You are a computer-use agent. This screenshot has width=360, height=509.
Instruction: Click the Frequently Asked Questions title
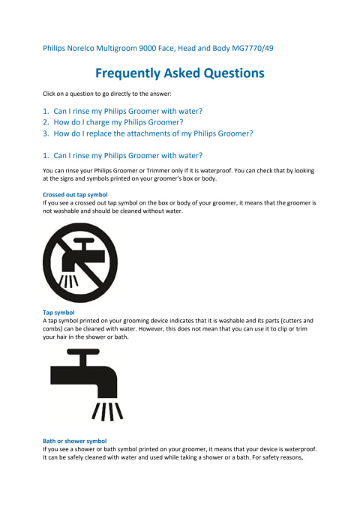point(180,73)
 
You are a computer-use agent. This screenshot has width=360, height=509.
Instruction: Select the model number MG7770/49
point(253,49)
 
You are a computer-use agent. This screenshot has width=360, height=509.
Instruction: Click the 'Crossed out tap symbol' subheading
point(75,195)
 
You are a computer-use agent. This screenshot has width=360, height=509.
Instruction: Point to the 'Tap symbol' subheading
point(58,313)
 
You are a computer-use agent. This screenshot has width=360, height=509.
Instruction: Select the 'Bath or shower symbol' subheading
point(75,441)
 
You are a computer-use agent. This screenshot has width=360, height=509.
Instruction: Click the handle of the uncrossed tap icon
point(83,352)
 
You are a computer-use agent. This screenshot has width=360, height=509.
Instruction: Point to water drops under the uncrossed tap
point(107,412)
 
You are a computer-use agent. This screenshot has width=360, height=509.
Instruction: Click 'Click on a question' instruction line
point(107,94)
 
